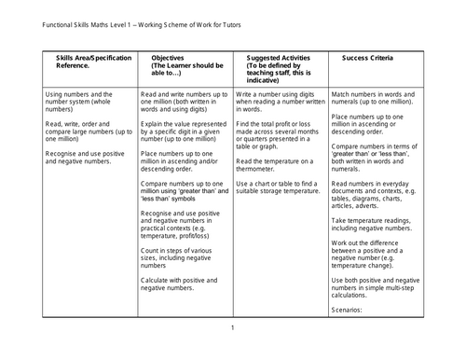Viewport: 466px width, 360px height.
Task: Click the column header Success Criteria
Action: [367, 57]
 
